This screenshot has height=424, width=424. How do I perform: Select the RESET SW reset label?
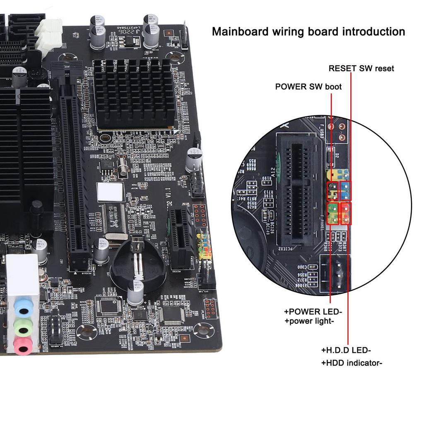pos(361,68)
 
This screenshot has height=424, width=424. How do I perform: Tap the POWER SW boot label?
pos(308,87)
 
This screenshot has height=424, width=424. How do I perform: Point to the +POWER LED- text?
pos(313,312)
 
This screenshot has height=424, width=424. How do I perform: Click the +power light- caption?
pos(309,321)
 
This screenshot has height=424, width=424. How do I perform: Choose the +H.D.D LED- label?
pos(346,350)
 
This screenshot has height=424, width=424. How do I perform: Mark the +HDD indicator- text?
pos(352,363)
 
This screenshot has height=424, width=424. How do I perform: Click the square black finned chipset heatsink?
pos(133,94)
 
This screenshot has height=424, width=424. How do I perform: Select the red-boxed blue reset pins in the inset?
pos(345,190)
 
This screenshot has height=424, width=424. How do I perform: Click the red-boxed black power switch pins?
pos(332,190)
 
